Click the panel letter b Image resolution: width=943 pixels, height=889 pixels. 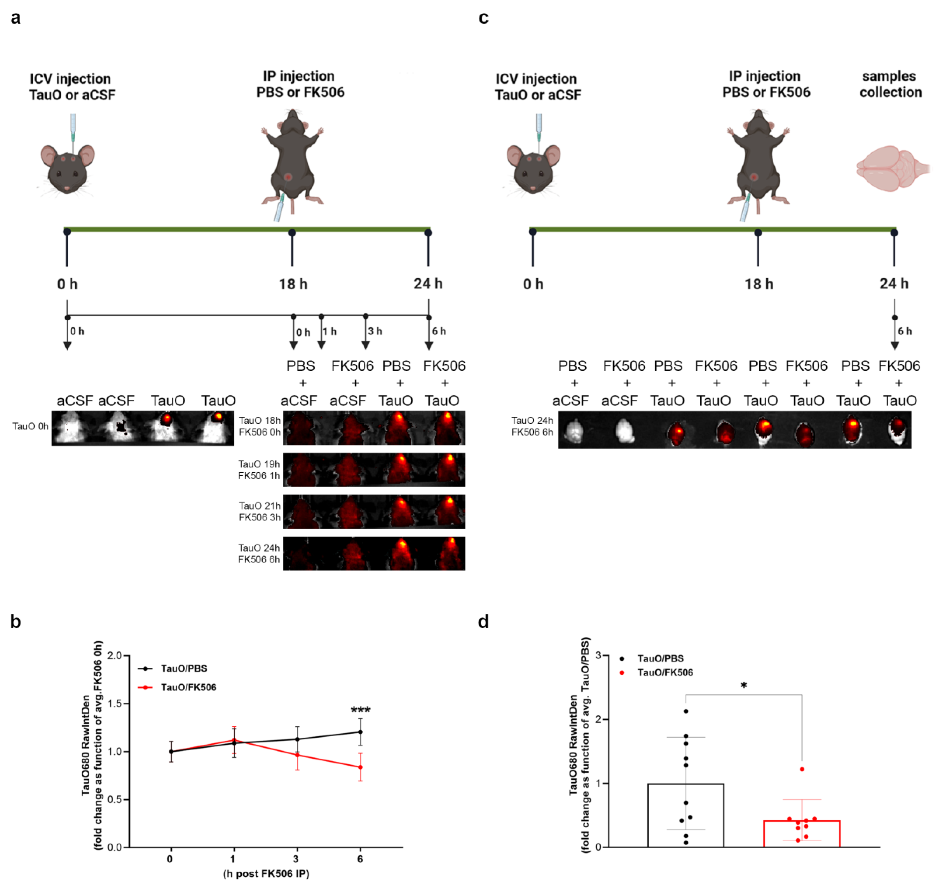click(x=15, y=621)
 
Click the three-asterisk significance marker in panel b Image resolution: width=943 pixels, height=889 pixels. click(x=361, y=710)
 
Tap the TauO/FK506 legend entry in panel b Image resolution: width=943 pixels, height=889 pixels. click(x=188, y=687)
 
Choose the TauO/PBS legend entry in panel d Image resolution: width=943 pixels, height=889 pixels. click(x=660, y=658)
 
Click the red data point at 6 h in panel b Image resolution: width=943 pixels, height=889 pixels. click(x=361, y=767)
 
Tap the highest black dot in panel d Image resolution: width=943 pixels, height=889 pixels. click(x=686, y=711)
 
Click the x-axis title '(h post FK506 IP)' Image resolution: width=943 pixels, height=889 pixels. click(x=266, y=874)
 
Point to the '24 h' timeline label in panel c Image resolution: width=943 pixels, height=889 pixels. click(x=894, y=284)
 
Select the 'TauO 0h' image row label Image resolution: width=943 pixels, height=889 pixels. click(x=30, y=426)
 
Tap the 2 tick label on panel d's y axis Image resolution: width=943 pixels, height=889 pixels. click(x=599, y=719)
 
